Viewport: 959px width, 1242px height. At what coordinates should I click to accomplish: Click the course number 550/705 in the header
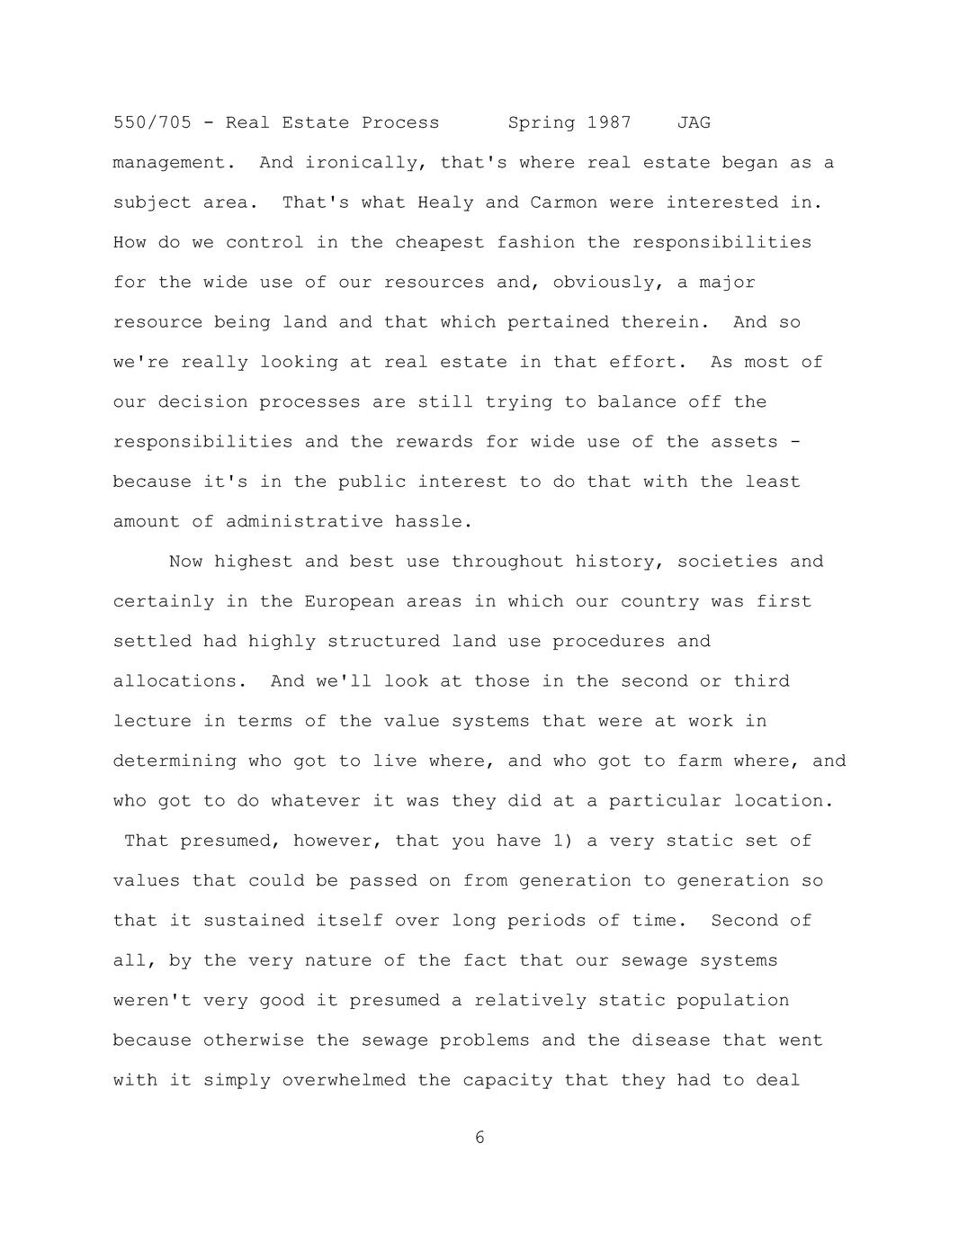(152, 122)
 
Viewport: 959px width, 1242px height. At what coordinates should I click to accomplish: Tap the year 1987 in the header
(609, 122)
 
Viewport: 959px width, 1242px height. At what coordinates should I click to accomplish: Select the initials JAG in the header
(694, 122)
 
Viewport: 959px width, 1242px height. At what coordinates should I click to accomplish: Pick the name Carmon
(563, 202)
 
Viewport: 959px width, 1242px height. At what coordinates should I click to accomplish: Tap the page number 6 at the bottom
(479, 1138)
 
